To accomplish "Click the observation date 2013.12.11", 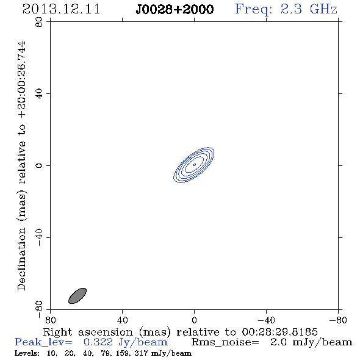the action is point(61,9).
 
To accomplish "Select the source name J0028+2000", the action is point(175,9).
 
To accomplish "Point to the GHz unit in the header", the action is point(323,9).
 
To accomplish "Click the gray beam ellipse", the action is point(77,296).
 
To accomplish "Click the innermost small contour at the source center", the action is point(194,165).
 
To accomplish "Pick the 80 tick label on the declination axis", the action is point(39,22).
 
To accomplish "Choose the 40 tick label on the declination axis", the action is point(39,94).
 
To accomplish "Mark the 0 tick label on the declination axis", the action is point(39,165).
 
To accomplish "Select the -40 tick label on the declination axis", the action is point(39,237).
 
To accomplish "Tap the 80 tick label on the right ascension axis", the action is point(50,320).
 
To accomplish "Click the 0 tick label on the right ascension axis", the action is point(194,320).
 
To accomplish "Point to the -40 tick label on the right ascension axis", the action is point(266,320).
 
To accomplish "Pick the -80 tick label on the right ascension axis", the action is point(338,320).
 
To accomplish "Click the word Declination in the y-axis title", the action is point(21,259).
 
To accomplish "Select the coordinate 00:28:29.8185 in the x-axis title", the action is point(279,332).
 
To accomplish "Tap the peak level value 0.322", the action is point(98,342).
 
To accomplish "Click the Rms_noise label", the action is point(225,342).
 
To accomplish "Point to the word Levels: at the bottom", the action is point(27,353).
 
